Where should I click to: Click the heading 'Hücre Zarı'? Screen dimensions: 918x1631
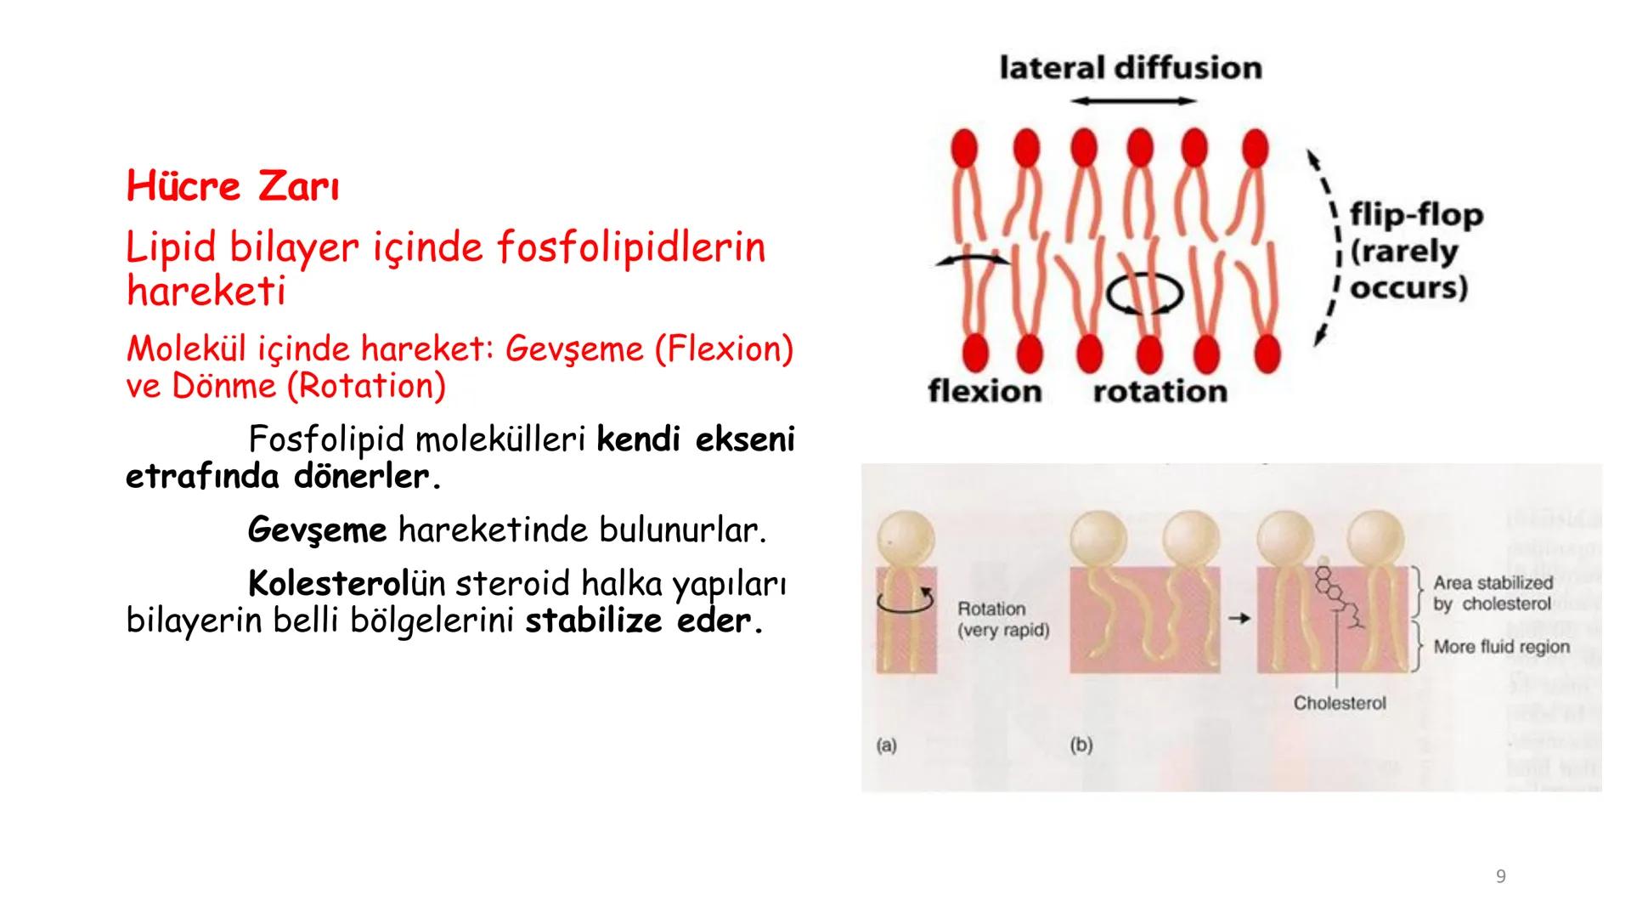pyautogui.click(x=233, y=186)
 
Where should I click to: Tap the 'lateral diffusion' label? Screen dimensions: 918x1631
pyautogui.click(x=1131, y=68)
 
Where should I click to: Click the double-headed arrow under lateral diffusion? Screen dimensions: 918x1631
pyautogui.click(x=1132, y=101)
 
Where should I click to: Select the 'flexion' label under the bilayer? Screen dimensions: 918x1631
pyautogui.click(x=985, y=391)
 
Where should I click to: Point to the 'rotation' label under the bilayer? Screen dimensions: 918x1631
pyautogui.click(x=1160, y=391)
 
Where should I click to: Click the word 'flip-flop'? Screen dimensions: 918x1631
pyautogui.click(x=1416, y=215)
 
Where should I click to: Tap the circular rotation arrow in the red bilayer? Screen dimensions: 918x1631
pyautogui.click(x=1144, y=294)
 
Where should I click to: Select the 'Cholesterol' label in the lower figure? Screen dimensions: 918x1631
pyautogui.click(x=1339, y=703)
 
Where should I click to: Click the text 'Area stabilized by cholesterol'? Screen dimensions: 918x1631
pyautogui.click(x=1493, y=593)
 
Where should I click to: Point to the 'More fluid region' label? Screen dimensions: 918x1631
pyautogui.click(x=1501, y=647)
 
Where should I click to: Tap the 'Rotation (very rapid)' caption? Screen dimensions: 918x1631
pyautogui.click(x=1003, y=620)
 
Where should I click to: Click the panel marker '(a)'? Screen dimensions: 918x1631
pyautogui.click(x=886, y=745)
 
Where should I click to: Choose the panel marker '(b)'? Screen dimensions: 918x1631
pyautogui.click(x=1081, y=745)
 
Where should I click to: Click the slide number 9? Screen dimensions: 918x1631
pyautogui.click(x=1500, y=876)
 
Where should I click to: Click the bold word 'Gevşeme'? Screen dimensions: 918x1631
pyautogui.click(x=317, y=530)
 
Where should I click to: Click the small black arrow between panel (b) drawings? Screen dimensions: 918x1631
pyautogui.click(x=1239, y=619)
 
